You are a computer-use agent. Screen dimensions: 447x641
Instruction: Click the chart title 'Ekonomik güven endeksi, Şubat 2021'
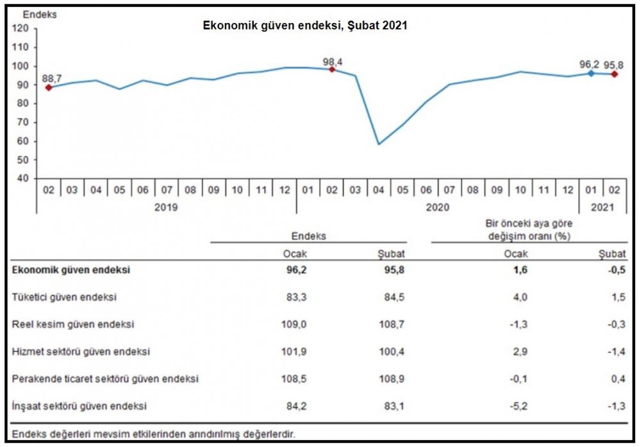[305, 26]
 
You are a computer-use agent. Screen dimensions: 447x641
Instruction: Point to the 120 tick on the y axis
[21, 28]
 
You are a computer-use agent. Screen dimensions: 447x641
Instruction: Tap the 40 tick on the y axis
[21, 178]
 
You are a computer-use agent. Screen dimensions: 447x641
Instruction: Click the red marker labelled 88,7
[48, 87]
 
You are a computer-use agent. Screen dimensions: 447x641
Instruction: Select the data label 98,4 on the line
[332, 62]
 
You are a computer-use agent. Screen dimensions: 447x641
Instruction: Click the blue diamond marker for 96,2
[591, 73]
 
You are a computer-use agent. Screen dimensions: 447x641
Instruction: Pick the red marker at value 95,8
[614, 74]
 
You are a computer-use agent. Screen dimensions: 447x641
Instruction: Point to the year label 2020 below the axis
[438, 207]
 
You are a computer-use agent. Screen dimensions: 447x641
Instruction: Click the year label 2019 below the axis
[167, 207]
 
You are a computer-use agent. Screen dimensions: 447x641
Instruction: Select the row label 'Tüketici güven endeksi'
[64, 297]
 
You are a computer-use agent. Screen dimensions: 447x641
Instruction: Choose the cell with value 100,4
[392, 351]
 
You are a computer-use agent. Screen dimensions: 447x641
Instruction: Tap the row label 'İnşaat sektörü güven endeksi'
[79, 406]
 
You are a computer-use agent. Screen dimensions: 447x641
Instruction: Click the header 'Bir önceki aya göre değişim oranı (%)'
[528, 230]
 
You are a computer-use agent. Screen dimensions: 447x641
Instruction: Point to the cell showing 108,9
[392, 379]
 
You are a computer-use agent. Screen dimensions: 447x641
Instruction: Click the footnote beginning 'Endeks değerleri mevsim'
[154, 434]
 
